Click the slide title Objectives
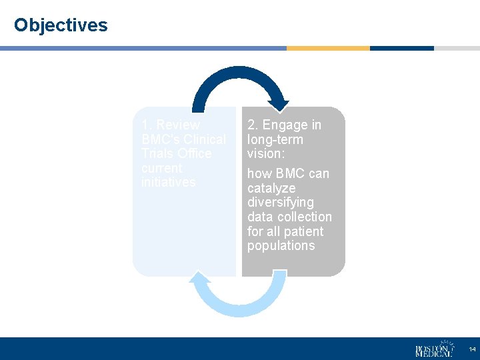(61, 25)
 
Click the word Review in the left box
(178, 125)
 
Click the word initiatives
(169, 183)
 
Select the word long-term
(275, 140)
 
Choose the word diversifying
(281, 202)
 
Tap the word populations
(281, 246)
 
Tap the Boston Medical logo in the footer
(434, 349)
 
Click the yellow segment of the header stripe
(328, 49)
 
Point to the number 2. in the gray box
(253, 125)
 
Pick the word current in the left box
(162, 168)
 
